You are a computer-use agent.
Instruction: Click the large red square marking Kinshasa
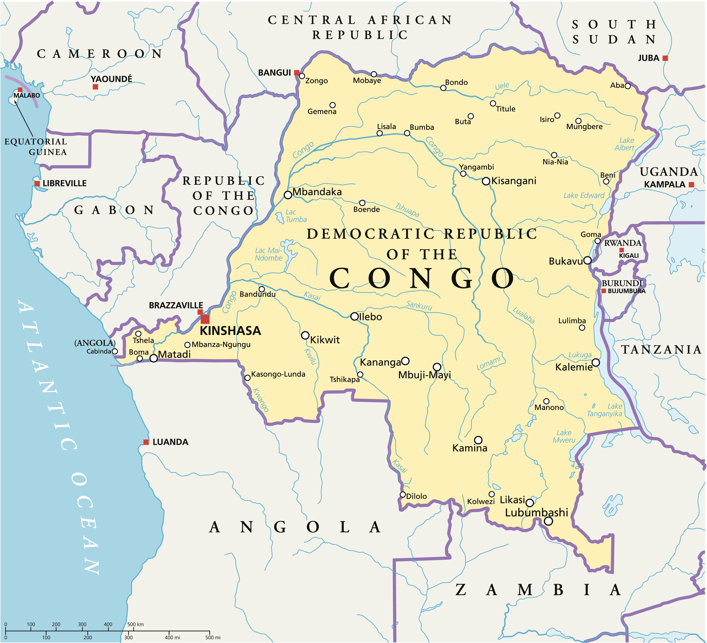(205, 319)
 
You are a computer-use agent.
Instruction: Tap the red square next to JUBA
(665, 58)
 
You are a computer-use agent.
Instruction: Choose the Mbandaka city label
(317, 192)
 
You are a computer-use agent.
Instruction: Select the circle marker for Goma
(598, 241)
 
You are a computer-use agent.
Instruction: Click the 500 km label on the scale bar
(135, 624)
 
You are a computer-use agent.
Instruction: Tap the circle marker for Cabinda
(115, 351)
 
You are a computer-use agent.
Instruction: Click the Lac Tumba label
(296, 216)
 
